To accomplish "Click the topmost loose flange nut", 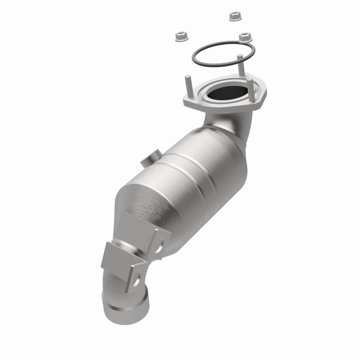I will pyautogui.click(x=234, y=16).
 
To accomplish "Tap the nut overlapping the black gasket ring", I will pyautogui.click(x=245, y=37).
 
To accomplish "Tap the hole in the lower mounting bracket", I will pyautogui.click(x=135, y=283).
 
